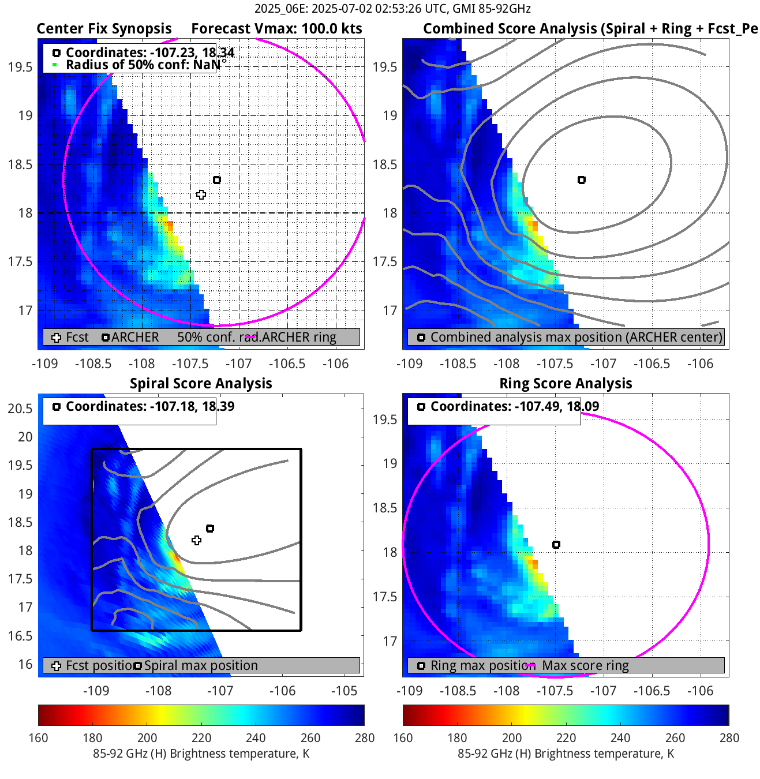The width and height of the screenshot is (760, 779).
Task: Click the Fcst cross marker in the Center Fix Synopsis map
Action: click(x=201, y=195)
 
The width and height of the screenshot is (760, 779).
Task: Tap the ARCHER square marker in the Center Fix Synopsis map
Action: click(x=217, y=180)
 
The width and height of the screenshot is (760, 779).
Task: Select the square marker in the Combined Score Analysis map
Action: click(x=582, y=180)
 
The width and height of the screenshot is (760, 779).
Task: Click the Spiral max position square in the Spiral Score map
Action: click(x=210, y=529)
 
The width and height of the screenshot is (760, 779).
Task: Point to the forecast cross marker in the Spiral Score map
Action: click(x=197, y=541)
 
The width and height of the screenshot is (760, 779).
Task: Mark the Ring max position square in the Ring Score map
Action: click(x=556, y=545)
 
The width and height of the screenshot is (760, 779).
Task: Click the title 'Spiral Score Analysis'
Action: click(x=201, y=384)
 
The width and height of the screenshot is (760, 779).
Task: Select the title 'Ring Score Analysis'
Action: click(x=566, y=384)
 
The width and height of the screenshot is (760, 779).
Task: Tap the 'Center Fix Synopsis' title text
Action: click(x=104, y=29)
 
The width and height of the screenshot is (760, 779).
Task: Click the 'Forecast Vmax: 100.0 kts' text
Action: click(x=276, y=29)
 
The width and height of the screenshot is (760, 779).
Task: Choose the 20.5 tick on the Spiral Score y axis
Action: click(x=20, y=409)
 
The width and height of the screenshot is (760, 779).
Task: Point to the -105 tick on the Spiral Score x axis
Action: click(x=345, y=691)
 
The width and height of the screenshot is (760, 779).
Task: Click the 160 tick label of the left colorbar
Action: click(x=38, y=738)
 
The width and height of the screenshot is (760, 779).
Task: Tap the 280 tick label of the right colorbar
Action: click(x=729, y=738)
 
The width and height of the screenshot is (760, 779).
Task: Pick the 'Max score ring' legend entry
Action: click(x=585, y=665)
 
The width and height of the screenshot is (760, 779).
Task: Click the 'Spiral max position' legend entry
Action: click(x=201, y=665)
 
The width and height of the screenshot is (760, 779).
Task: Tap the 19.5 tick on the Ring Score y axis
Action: click(x=385, y=420)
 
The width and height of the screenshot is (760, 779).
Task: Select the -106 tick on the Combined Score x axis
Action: click(x=701, y=364)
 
